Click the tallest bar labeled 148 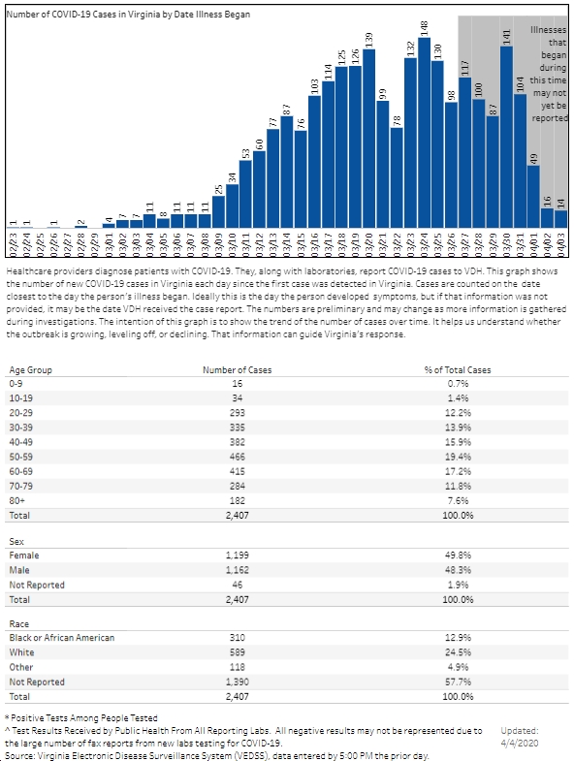click(424, 133)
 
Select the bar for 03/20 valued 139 click(369, 139)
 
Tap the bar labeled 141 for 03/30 click(506, 137)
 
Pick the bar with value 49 click(533, 197)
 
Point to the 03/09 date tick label click(218, 245)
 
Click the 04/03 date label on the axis click(561, 245)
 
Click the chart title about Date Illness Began click(128, 15)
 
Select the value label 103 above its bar click(314, 86)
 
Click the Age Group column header click(31, 369)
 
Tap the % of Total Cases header click(458, 369)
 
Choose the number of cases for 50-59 click(238, 457)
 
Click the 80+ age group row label click(17, 500)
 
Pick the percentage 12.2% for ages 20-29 click(457, 413)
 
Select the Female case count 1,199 click(238, 555)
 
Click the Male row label click(19, 570)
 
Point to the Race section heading click(19, 623)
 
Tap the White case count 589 click(238, 652)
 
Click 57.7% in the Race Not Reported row click(457, 682)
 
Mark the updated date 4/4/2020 click(520, 743)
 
